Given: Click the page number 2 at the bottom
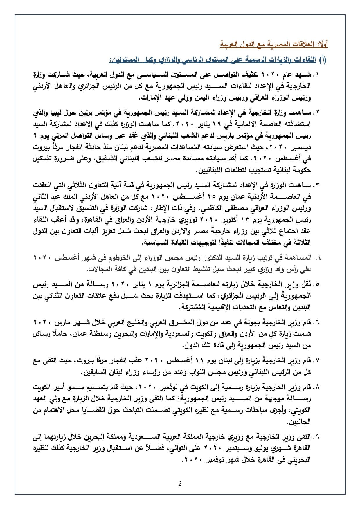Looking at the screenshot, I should [180, 483].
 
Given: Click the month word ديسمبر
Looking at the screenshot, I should [302, 147].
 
